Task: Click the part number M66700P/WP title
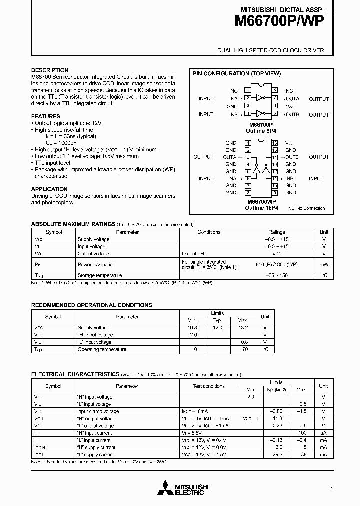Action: [x=280, y=21]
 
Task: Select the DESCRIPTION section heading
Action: [x=50, y=70]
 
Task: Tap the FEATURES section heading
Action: [x=46, y=116]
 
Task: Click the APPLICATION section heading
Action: [x=49, y=189]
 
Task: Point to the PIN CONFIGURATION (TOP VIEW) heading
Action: [x=237, y=73]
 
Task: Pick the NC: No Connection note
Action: [x=307, y=208]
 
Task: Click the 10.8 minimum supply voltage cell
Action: [x=192, y=328]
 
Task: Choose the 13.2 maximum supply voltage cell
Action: [x=242, y=328]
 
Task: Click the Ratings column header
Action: [x=276, y=232]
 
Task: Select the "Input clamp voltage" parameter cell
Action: [x=98, y=411]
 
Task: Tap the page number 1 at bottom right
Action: [x=331, y=488]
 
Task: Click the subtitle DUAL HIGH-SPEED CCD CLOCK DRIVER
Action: [x=270, y=50]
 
